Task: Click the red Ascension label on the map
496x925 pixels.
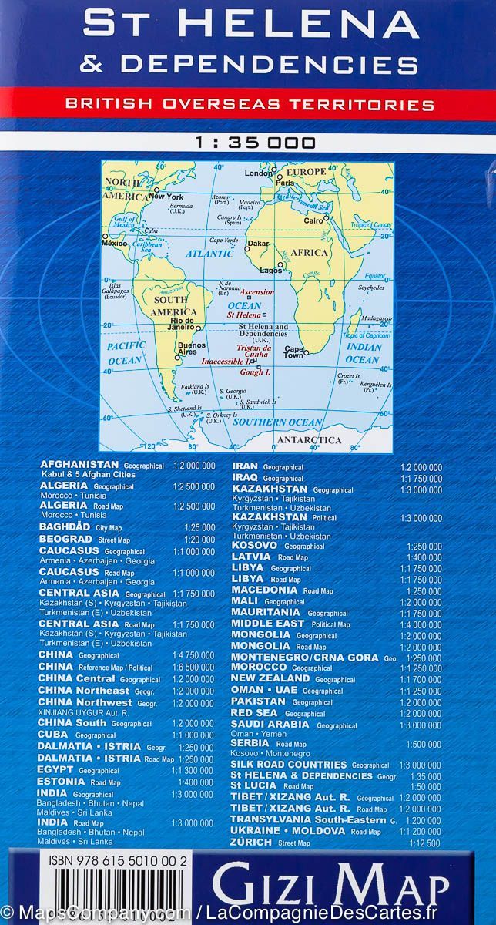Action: [257, 293]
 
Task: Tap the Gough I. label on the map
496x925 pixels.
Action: [256, 372]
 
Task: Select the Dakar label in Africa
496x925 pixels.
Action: [259, 244]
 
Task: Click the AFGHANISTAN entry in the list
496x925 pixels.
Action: [79, 465]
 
